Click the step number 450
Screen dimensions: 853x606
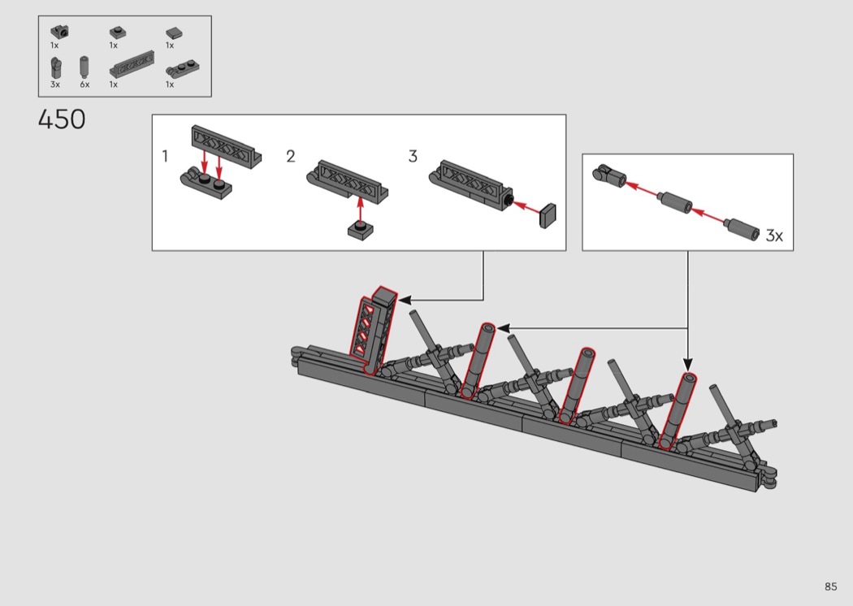[x=62, y=119]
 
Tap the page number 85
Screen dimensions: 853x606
[x=830, y=587]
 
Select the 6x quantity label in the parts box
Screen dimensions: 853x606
[x=84, y=84]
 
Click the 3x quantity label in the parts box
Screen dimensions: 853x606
[x=55, y=84]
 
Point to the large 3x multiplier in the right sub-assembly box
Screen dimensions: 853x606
[x=774, y=235]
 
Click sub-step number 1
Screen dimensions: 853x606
[x=165, y=156]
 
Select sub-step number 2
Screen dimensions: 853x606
[x=291, y=156]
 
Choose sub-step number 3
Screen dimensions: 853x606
[x=413, y=156]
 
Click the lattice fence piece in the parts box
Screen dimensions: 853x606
[x=132, y=63]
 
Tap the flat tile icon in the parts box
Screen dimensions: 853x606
[x=174, y=34]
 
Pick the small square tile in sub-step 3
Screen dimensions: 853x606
[x=548, y=216]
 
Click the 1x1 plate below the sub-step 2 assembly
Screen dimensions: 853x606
[x=360, y=230]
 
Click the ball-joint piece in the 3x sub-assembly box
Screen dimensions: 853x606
[x=609, y=175]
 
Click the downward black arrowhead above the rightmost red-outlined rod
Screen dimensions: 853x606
[x=687, y=364]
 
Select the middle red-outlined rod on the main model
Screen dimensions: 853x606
[x=577, y=386]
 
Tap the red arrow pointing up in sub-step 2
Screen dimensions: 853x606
[x=360, y=210]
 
